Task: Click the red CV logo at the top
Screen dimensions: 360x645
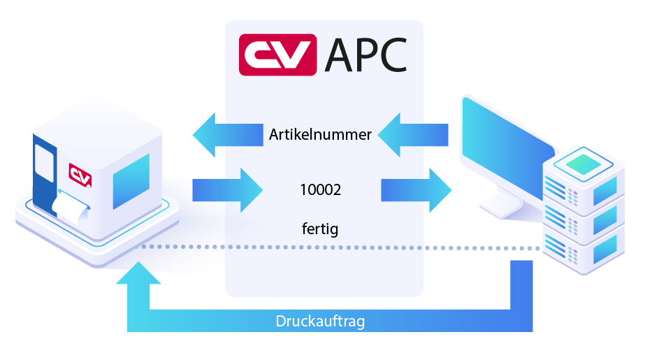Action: pos(277,55)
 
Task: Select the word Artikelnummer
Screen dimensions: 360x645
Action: pos(320,135)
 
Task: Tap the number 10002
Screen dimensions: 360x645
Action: pos(320,189)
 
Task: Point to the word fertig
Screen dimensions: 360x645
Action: pos(320,229)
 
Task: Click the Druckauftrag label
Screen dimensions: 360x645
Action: pos(320,322)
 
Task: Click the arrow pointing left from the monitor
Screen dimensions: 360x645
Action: pos(412,135)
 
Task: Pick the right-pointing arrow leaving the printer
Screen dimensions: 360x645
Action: pos(227,189)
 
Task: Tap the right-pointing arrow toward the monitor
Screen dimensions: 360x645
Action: pos(416,189)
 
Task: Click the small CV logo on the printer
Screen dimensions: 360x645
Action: pos(80,174)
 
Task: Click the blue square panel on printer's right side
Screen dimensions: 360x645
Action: pos(131,181)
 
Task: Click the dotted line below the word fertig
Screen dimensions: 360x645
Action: pos(320,247)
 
